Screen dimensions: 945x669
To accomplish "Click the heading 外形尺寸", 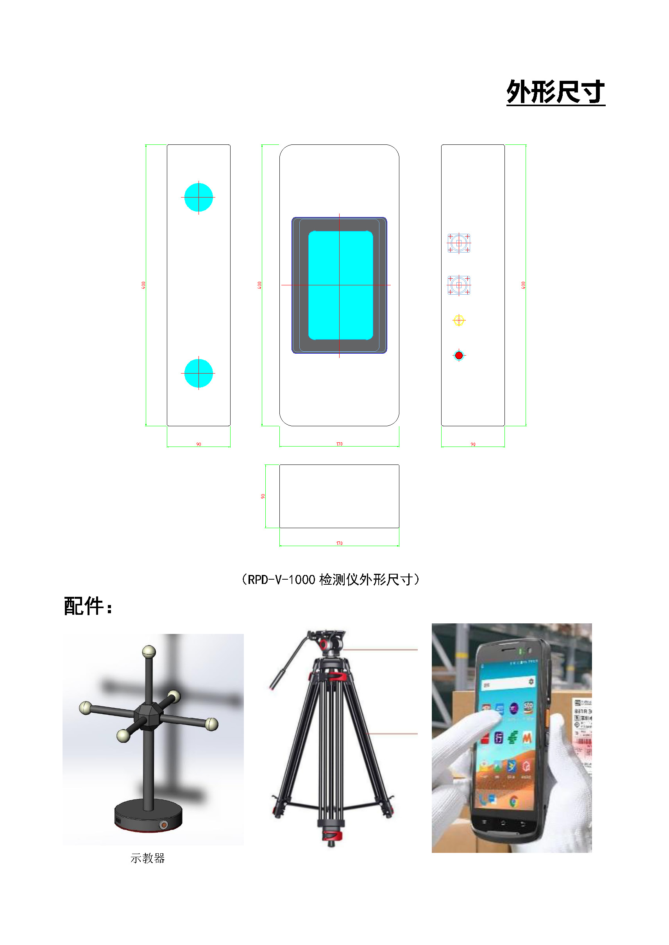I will coord(555,92).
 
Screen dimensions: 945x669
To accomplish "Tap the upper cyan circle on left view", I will coord(199,198).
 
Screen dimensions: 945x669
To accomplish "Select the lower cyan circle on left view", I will coord(199,373).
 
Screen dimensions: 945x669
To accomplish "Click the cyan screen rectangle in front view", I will coord(340,285).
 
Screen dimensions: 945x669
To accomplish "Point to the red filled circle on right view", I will coord(458,355).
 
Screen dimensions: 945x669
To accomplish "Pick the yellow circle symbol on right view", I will coord(458,320).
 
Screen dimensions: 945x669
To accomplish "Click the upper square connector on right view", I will coord(458,243).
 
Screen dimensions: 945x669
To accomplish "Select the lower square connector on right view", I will coord(458,285).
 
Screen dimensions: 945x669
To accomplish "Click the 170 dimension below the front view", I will coord(339,444).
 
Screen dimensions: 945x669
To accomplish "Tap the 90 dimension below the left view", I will coord(199,445).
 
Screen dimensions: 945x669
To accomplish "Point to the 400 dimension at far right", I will coord(523,285).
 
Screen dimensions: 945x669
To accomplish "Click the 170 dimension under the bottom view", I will coord(339,543).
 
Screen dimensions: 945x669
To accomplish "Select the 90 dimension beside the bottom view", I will coord(263,497).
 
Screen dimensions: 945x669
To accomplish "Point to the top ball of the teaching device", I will coord(149,652).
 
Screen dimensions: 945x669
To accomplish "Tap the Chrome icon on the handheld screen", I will coord(513,801).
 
